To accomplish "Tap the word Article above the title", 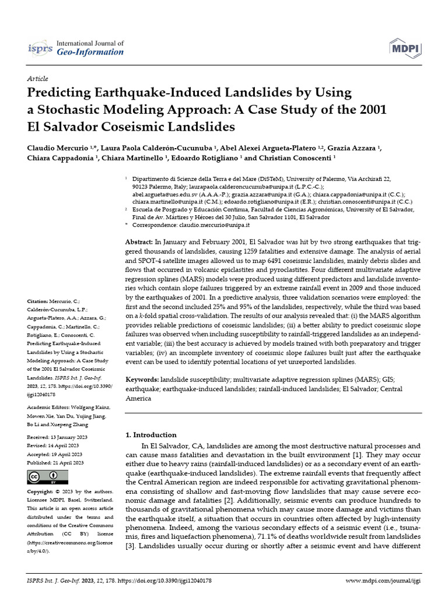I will click(38, 79).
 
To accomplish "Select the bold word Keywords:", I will click(143, 379).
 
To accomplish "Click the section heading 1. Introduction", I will click(151, 435).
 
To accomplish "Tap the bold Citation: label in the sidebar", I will click(39, 301).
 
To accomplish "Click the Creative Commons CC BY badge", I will click(43, 477).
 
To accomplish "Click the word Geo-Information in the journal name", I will click(90, 52).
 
